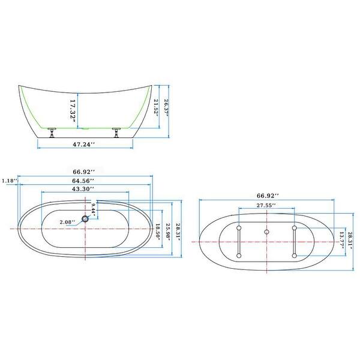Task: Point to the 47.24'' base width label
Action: point(86,145)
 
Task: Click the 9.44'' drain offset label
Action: point(94,209)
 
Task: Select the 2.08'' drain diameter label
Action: point(67,222)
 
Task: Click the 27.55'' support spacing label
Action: point(266,205)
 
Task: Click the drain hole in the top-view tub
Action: point(86,220)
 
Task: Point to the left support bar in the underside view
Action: point(239,242)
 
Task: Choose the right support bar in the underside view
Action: point(294,242)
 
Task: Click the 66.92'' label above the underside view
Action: point(266,196)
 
